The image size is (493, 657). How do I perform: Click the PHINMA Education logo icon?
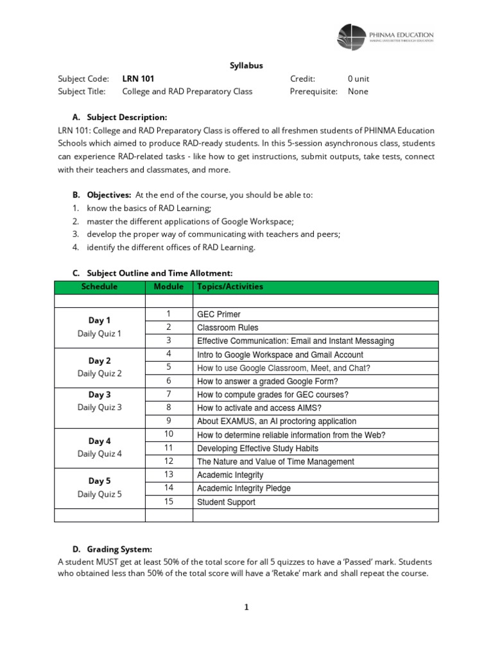351,37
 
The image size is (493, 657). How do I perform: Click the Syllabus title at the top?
246,65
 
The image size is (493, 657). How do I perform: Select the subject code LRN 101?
138,79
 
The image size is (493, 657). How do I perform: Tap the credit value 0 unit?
358,79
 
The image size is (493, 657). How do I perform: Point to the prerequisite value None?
358,92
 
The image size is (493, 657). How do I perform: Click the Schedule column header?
99,287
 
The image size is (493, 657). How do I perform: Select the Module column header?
169,287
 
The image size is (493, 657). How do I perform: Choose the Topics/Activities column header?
230,287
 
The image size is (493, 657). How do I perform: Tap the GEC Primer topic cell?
219,314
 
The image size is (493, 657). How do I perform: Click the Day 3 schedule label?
99,395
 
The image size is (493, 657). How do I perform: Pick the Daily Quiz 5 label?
99,494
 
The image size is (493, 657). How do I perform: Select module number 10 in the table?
169,434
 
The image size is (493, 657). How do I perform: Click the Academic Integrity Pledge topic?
243,488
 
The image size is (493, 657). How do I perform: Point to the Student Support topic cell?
225,502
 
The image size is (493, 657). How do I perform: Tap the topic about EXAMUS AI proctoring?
276,422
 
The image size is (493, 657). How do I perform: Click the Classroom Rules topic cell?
227,328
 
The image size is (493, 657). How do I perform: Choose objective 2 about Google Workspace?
191,221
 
